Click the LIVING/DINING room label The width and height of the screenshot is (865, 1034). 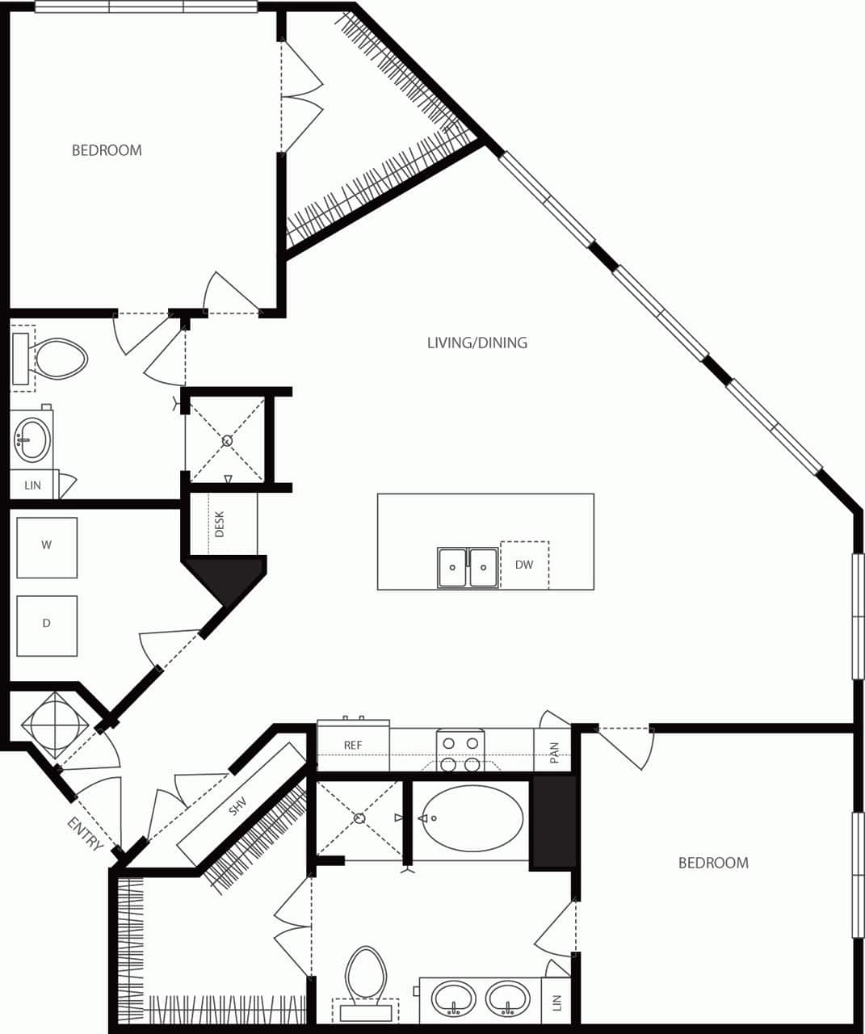[x=477, y=343]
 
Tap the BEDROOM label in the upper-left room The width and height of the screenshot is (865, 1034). [x=107, y=150]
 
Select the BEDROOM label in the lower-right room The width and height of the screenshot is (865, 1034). [x=712, y=863]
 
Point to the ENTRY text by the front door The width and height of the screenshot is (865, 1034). [x=85, y=834]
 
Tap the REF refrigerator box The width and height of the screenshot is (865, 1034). [x=353, y=746]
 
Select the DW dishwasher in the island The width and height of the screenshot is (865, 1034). [x=524, y=565]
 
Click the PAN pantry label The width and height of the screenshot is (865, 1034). [x=554, y=754]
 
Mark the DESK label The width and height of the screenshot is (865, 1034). [x=220, y=523]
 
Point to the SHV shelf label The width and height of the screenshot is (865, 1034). [x=237, y=805]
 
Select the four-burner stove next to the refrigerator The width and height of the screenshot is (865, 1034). [x=460, y=752]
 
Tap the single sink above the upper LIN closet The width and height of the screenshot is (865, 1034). [x=31, y=439]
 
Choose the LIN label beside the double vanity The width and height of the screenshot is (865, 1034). [x=556, y=1002]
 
